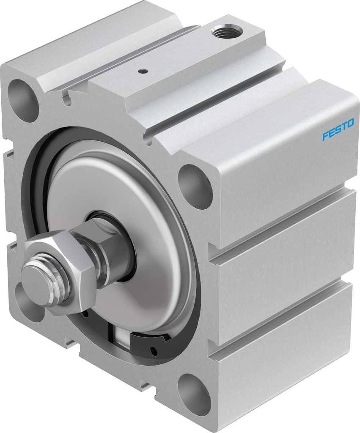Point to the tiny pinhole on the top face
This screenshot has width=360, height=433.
[142, 71]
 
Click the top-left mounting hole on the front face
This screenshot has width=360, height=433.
[23, 101]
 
